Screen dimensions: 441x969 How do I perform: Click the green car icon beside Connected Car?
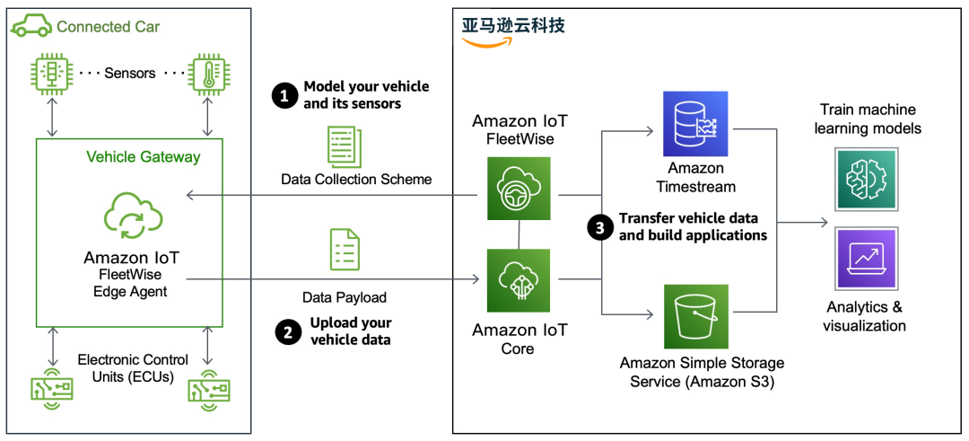[x=31, y=26]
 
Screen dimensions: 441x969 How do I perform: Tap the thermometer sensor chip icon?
[x=208, y=74]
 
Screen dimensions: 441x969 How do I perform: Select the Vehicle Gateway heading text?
[x=144, y=157]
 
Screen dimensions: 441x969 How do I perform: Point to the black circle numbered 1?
[x=285, y=96]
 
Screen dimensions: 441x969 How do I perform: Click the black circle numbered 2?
[x=286, y=331]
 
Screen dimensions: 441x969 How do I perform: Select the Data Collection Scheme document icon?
[x=345, y=145]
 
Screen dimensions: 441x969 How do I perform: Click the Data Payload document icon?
[x=345, y=251]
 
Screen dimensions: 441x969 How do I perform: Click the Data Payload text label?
[x=344, y=295]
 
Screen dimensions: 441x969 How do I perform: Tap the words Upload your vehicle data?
[x=351, y=331]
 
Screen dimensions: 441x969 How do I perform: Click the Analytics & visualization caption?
[x=864, y=316]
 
